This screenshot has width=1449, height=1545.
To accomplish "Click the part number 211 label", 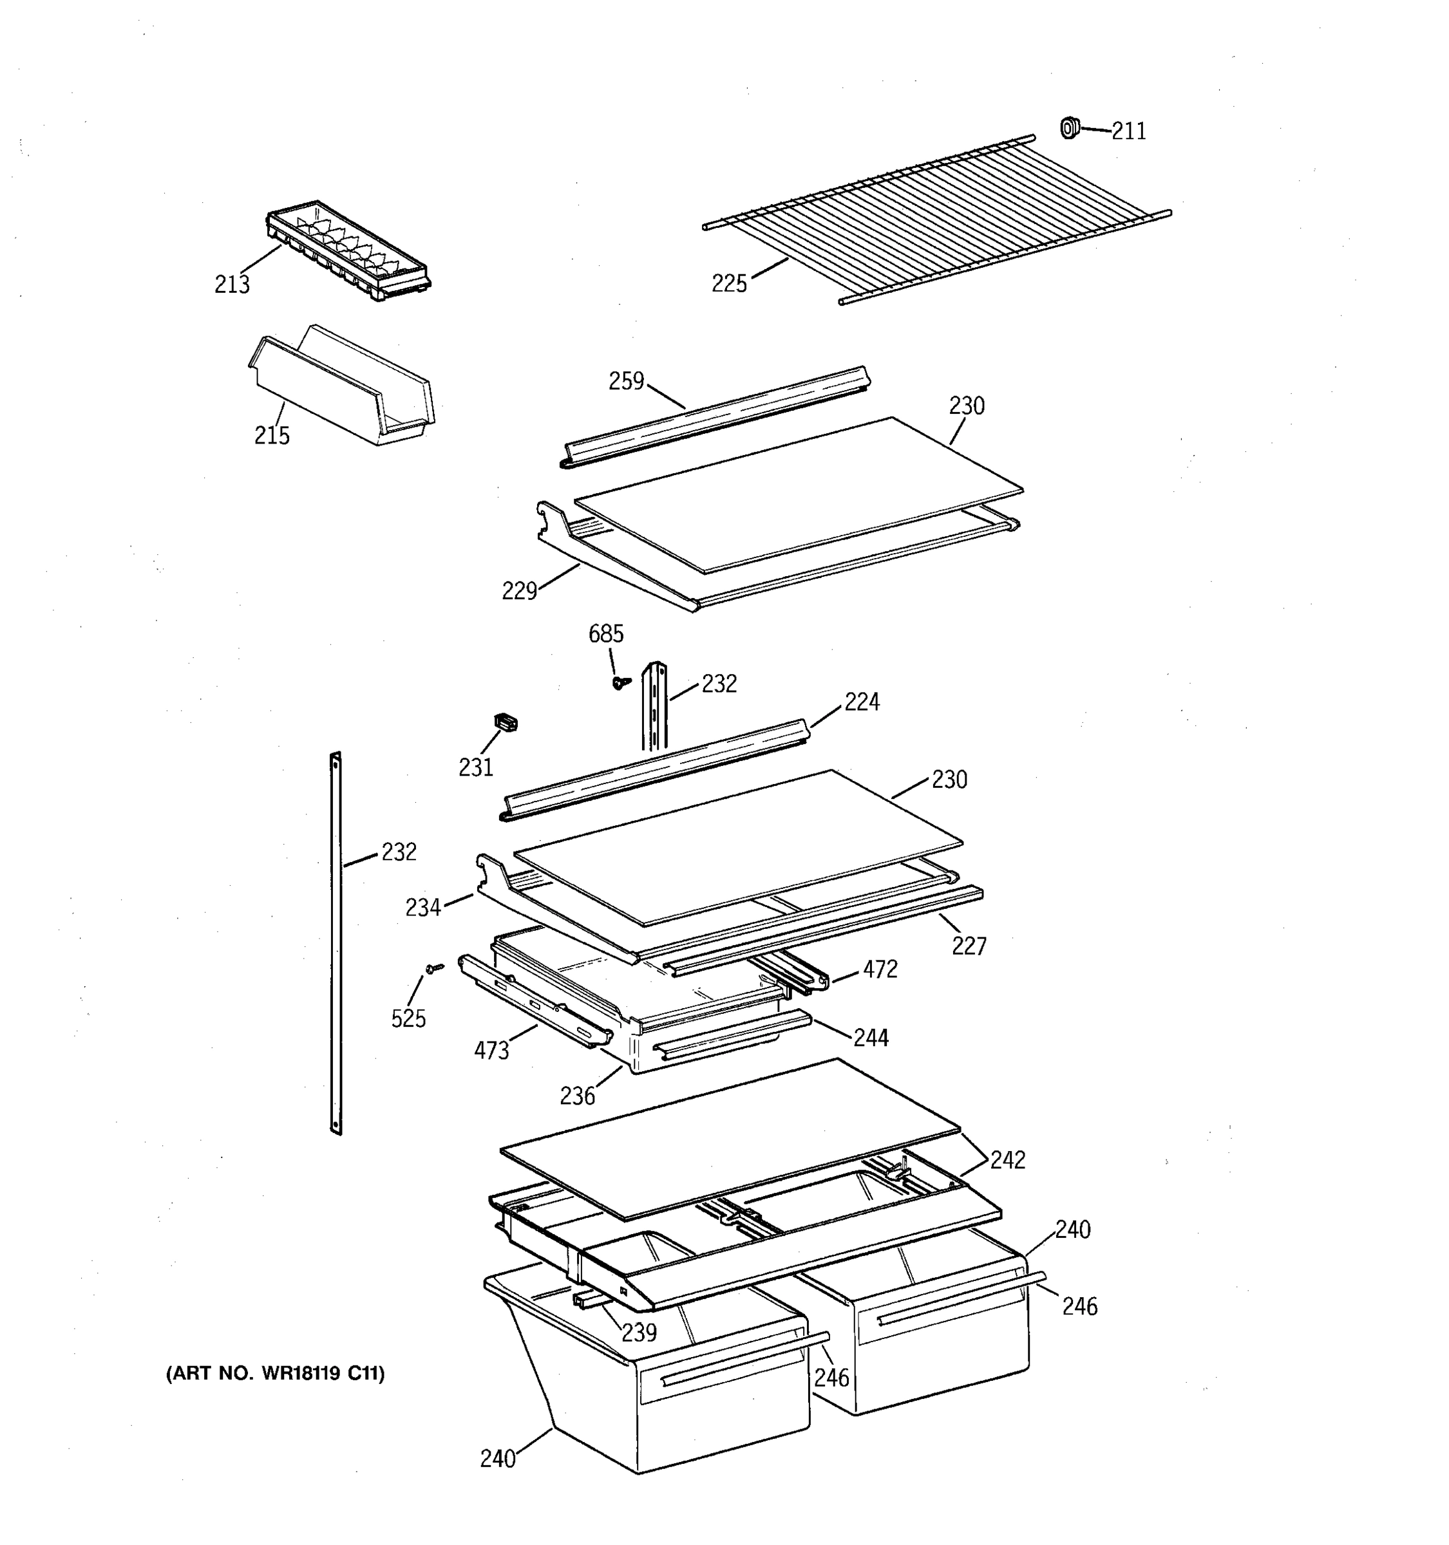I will pos(1129,131).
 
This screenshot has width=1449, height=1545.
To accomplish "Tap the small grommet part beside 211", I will pos(1070,127).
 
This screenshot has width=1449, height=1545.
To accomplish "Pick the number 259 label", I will pos(627,381).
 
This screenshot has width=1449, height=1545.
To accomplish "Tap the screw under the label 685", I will pos(620,682).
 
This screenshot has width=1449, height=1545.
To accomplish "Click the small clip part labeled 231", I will pos(506,723).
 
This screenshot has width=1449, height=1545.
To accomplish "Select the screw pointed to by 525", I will pos(434,968).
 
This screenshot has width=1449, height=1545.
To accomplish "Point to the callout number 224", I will pos(862,702).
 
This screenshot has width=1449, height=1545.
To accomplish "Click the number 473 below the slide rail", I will pos(491,1051).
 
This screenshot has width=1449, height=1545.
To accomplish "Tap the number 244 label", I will pos(871,1038).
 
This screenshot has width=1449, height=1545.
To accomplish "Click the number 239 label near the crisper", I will pos(639,1332).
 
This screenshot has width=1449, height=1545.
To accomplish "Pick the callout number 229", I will pos(519,592).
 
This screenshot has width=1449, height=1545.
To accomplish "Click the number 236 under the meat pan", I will pos(577,1096).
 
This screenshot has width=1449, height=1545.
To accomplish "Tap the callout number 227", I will pos(969,946).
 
